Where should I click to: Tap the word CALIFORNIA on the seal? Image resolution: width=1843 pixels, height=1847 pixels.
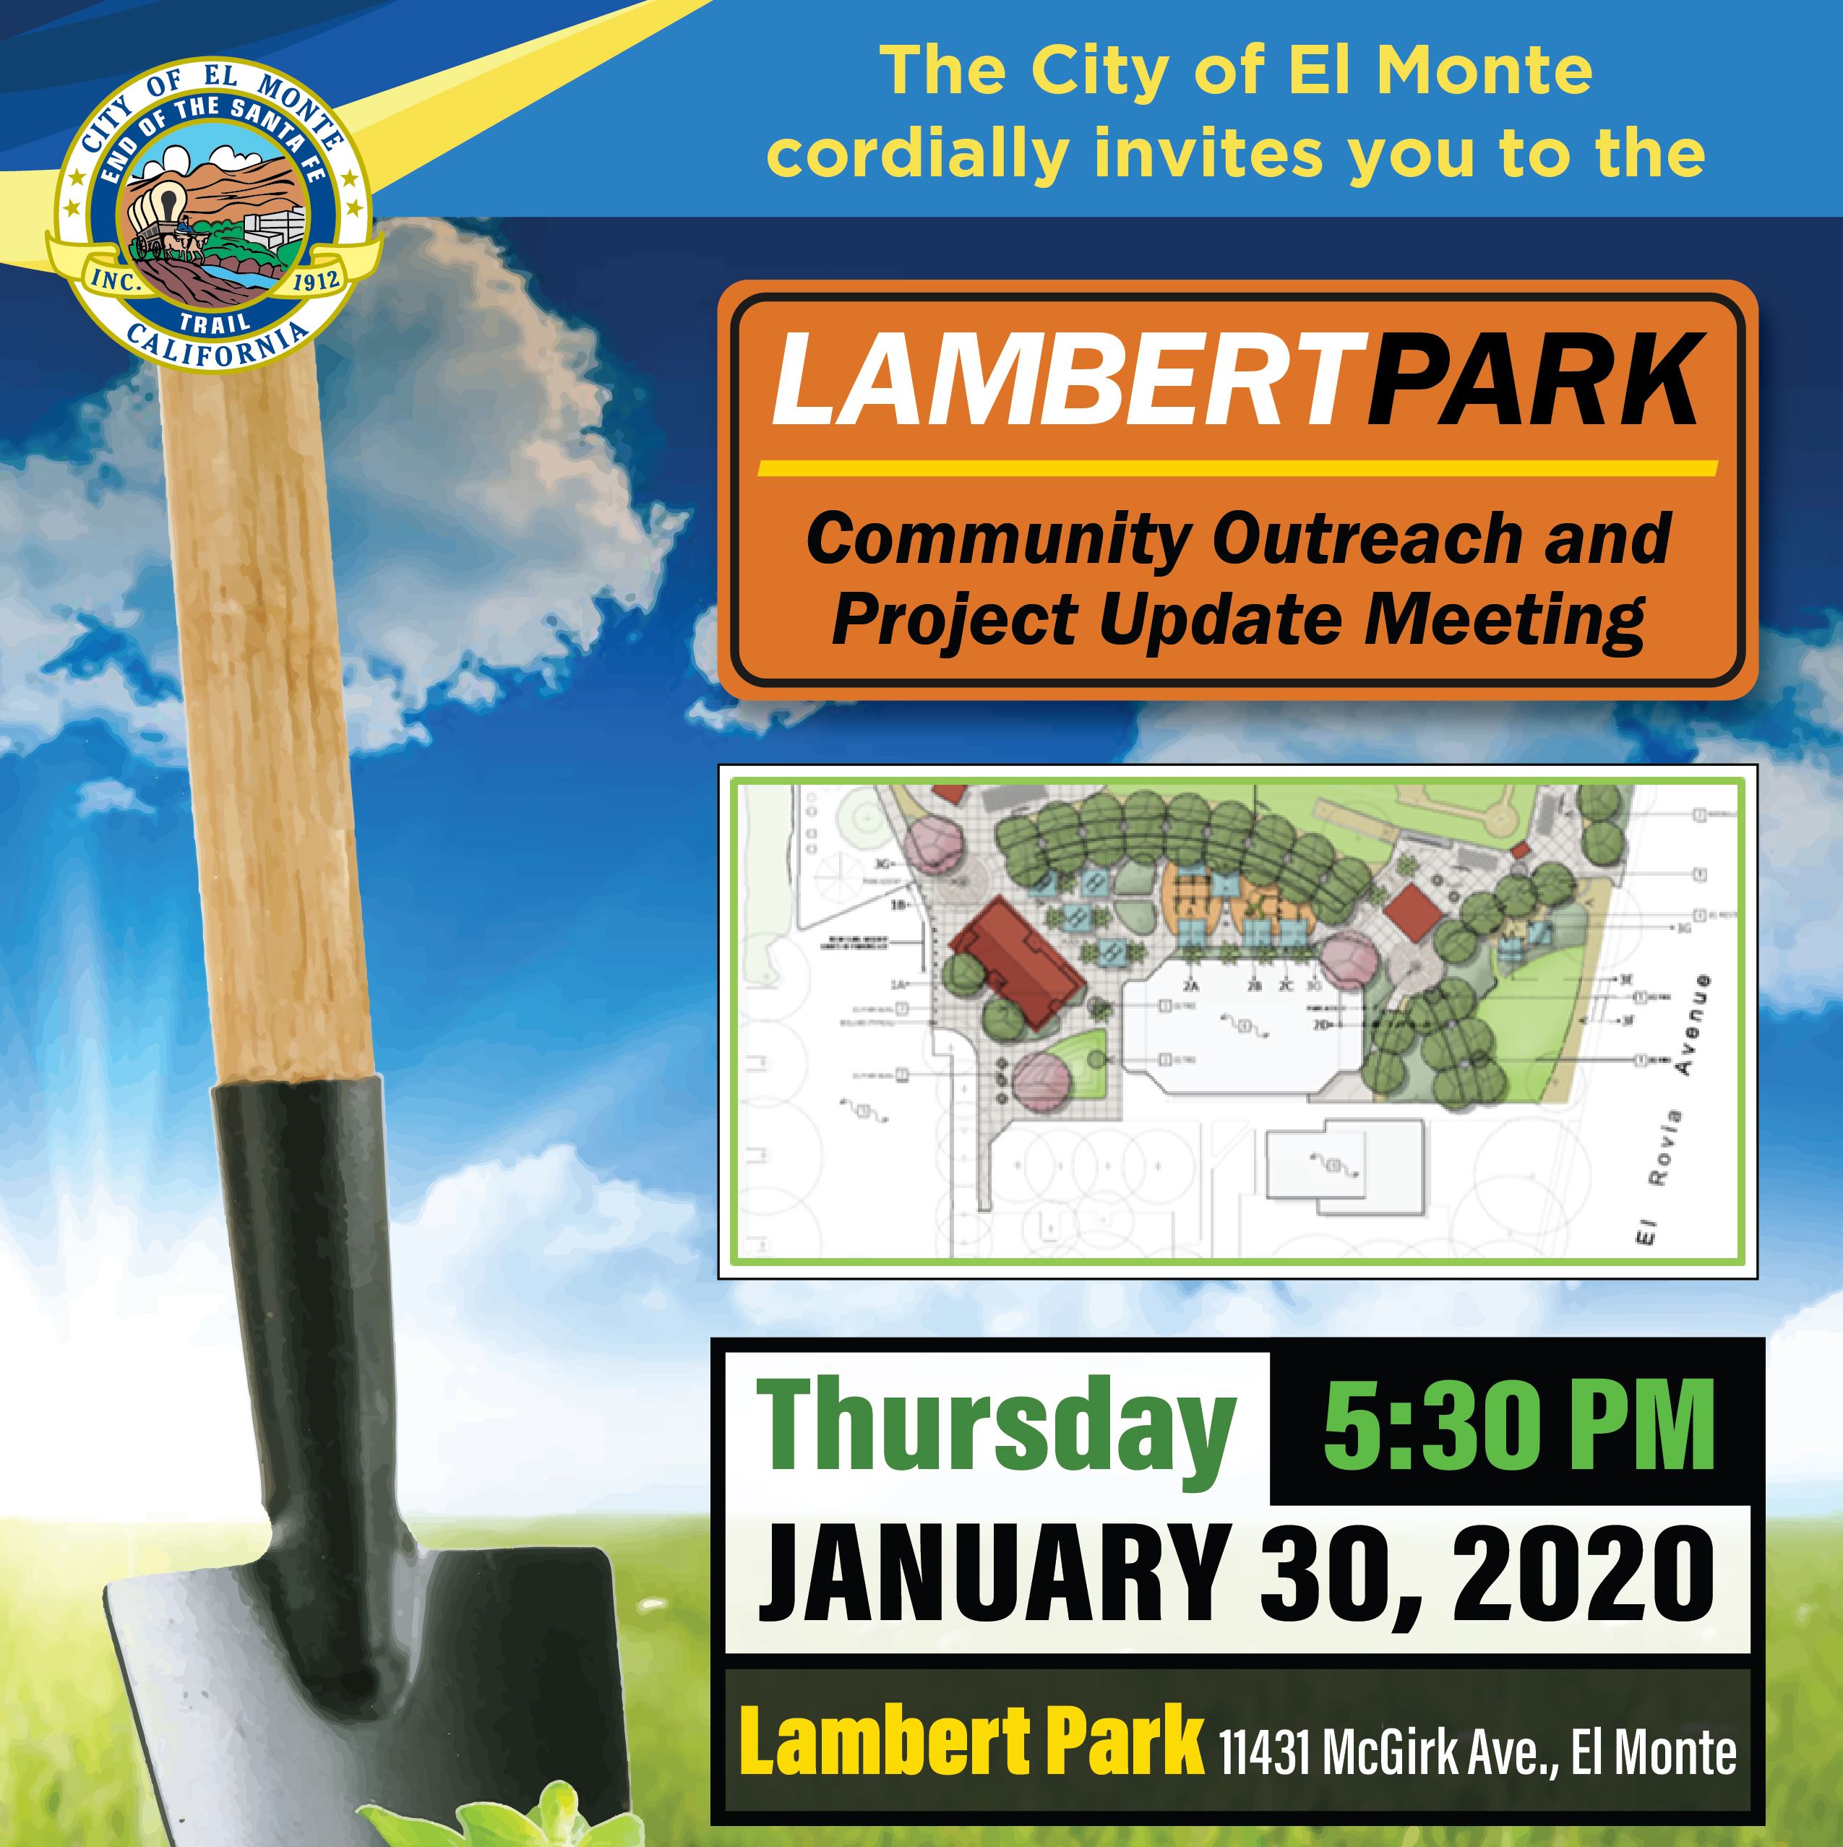(x=218, y=347)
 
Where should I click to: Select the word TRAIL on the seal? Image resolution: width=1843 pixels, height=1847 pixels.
(x=215, y=322)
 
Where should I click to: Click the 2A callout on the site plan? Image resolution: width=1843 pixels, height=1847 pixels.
(x=1191, y=986)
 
